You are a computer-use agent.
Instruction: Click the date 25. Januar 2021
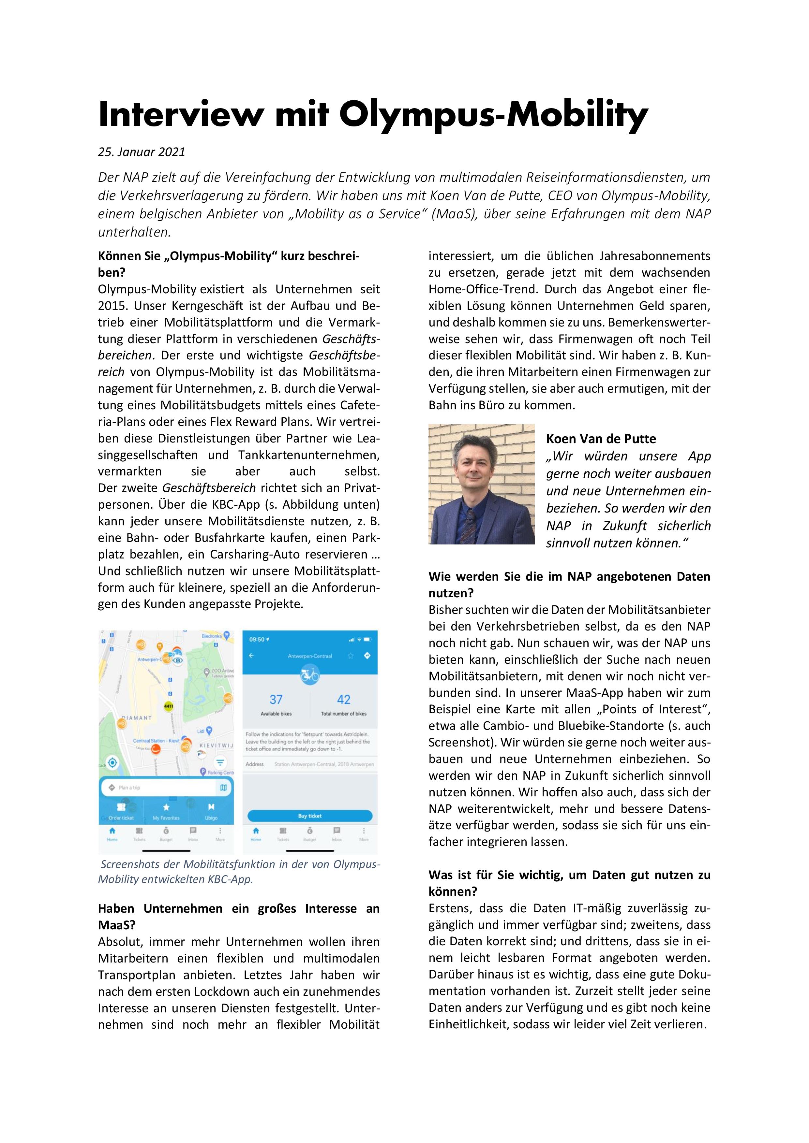tap(142, 152)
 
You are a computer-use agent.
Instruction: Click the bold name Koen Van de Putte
tap(601, 439)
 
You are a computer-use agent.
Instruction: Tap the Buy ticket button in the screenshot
tap(310, 816)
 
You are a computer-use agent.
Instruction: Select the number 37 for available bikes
tap(276, 700)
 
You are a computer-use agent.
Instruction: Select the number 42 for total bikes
tap(344, 700)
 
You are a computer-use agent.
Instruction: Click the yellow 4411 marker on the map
tap(168, 706)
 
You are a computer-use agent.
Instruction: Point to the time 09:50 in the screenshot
tap(257, 639)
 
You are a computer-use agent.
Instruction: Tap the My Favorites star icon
tap(166, 807)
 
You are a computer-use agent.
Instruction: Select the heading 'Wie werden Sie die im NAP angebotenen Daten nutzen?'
tap(569, 585)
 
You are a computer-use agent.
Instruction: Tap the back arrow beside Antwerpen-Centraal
tap(251, 656)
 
